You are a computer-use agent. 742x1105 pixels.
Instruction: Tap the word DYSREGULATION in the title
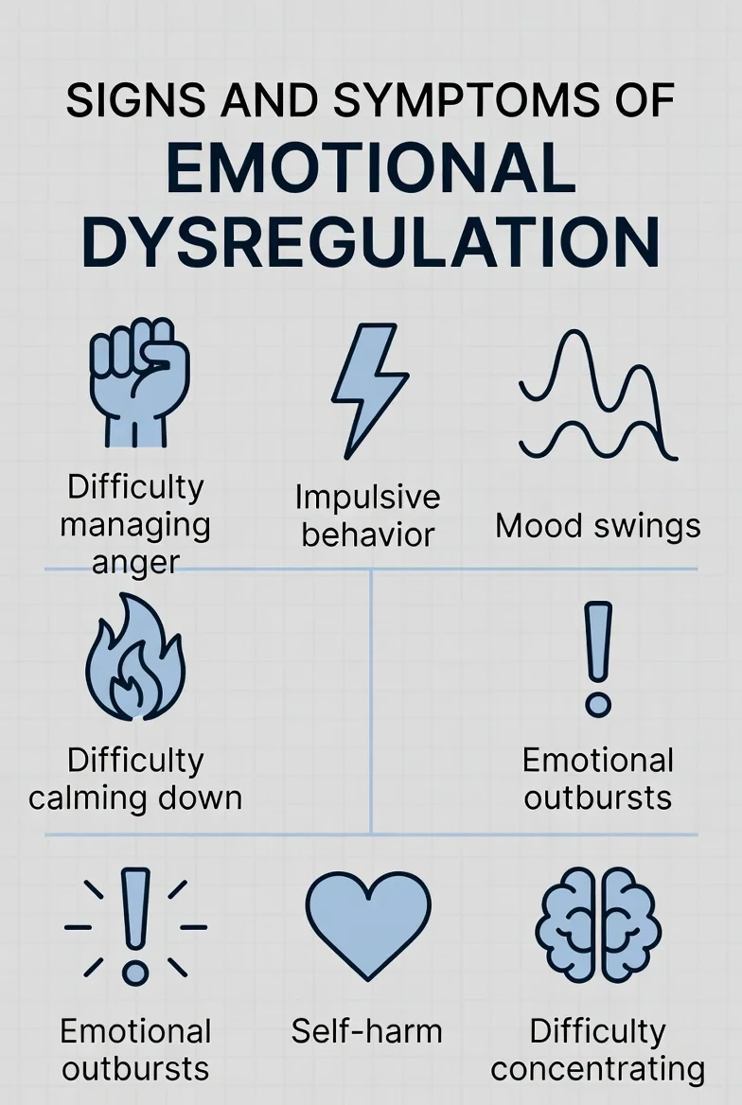371,243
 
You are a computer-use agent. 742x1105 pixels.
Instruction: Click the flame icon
135,659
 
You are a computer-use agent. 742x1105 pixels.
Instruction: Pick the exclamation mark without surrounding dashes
597,658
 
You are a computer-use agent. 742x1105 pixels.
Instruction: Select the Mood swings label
597,525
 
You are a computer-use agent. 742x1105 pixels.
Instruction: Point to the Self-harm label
366,1030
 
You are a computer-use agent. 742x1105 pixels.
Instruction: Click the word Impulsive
367,497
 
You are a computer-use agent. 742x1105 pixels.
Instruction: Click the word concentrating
597,1068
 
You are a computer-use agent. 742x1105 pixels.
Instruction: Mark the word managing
135,524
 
